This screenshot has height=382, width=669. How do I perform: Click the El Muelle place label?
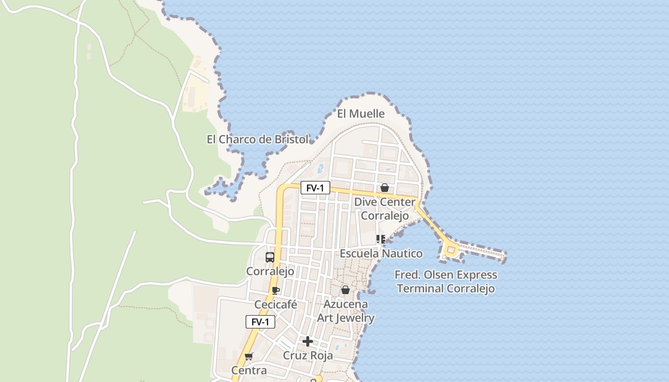coord(361,114)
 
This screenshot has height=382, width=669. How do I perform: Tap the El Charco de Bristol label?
coord(257,139)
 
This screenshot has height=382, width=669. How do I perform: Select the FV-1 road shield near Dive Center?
coord(315,188)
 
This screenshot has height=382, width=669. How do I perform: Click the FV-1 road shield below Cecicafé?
coord(260,322)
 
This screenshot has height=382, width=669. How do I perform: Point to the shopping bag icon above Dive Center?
coord(385,188)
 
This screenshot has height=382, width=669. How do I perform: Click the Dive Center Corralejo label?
coord(385,209)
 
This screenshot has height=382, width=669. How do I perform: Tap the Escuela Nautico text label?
coord(381,254)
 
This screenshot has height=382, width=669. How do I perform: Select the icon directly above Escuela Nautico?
coord(381,239)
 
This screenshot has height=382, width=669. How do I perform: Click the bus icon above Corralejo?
coord(270,257)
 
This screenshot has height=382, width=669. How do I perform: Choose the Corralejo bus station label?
coord(270,271)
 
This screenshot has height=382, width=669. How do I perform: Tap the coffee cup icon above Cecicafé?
coord(276,290)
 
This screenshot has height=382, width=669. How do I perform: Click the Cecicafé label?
coord(276,305)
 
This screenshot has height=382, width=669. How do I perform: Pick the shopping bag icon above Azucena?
coord(345,290)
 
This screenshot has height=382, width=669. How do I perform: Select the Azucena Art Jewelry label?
coord(346,311)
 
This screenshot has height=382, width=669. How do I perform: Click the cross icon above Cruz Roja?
coord(308,341)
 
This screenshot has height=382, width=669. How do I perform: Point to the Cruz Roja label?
coord(308,356)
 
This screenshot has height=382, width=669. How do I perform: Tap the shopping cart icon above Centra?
coord(248,356)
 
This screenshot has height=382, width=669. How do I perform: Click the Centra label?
coord(249,371)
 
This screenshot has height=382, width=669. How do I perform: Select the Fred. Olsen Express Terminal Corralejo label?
coord(446,282)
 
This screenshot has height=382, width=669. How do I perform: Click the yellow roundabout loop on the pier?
coord(451,249)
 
